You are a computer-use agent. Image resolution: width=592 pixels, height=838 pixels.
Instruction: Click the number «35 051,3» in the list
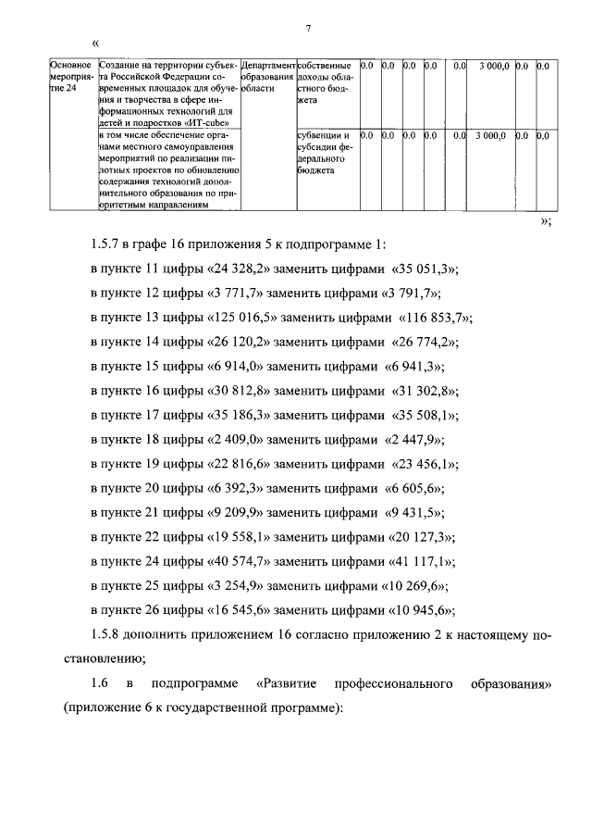tap(423, 269)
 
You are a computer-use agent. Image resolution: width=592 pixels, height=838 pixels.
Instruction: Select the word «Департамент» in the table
tap(268, 67)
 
